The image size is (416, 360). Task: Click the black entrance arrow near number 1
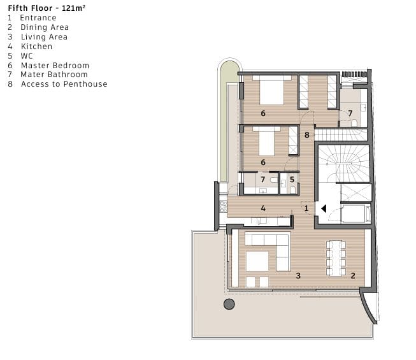pyautogui.click(x=324, y=209)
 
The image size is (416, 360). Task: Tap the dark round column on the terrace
pyautogui.click(x=229, y=304)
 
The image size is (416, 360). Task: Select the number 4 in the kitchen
pyautogui.click(x=263, y=208)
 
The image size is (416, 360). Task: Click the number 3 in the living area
pyautogui.click(x=298, y=276)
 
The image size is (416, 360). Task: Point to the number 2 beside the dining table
pyautogui.click(x=353, y=276)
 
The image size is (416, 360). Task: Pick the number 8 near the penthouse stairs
pyautogui.click(x=307, y=135)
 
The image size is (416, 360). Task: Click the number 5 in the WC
pyautogui.click(x=292, y=180)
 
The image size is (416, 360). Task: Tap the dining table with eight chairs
pyautogui.click(x=336, y=258)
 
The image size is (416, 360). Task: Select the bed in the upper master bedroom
pyautogui.click(x=271, y=90)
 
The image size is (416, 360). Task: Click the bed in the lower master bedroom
pyautogui.click(x=266, y=141)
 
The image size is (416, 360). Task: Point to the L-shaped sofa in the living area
pyautogui.click(x=268, y=252)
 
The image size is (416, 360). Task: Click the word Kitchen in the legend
pyautogui.click(x=36, y=47)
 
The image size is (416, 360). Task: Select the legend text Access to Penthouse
pyautogui.click(x=64, y=84)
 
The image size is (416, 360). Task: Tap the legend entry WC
pyautogui.click(x=27, y=56)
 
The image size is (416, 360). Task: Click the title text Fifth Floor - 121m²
pyautogui.click(x=47, y=8)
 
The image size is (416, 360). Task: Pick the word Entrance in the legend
pyautogui.click(x=38, y=18)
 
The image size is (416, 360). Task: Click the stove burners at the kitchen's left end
pyautogui.click(x=223, y=206)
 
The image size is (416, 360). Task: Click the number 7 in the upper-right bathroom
pyautogui.click(x=350, y=113)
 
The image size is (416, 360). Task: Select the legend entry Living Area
pyautogui.click(x=45, y=37)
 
